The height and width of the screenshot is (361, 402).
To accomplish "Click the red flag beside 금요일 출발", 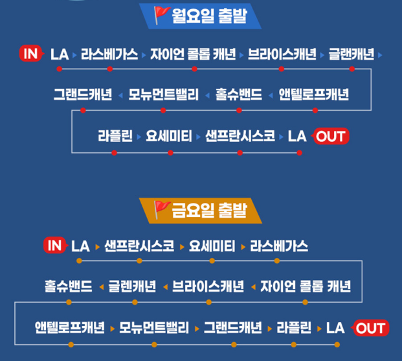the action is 161,208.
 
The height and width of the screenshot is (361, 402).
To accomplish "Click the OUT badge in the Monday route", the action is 331,136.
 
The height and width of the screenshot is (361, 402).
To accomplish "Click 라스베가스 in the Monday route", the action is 109,54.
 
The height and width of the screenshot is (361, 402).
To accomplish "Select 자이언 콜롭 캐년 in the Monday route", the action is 193,54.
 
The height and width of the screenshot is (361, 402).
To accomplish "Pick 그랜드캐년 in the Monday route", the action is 82,95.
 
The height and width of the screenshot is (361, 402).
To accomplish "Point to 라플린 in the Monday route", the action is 115,136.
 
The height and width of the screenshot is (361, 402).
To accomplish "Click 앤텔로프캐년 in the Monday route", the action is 314,95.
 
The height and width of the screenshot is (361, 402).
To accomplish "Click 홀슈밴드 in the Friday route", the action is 69,286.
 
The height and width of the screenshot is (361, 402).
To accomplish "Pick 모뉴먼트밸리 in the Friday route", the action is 154,327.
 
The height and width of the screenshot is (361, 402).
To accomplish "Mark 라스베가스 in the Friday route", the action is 278,246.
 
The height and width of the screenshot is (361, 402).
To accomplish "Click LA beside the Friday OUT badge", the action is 335,327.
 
